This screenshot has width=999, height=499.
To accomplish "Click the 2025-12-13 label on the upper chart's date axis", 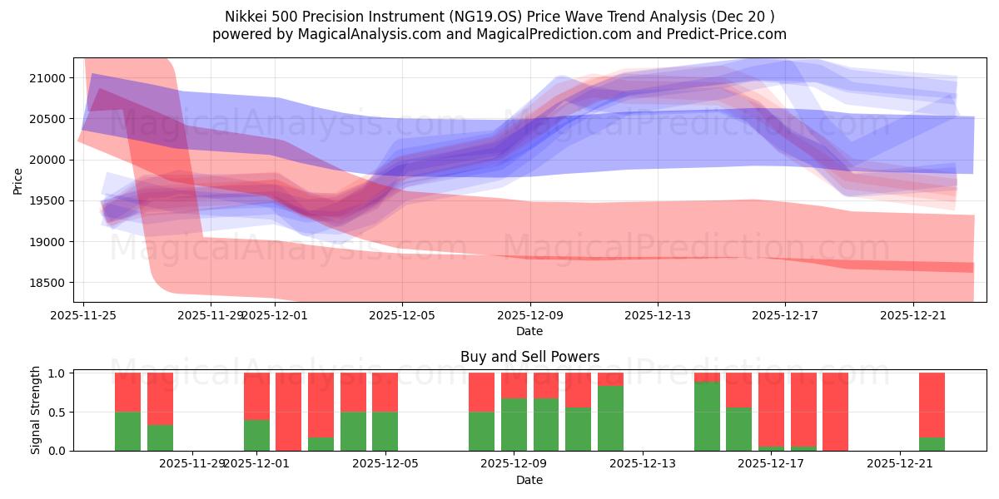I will coord(658,315).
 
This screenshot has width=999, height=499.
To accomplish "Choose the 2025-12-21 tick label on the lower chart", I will coord(902,464).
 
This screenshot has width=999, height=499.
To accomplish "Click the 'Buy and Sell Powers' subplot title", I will coord(529,357).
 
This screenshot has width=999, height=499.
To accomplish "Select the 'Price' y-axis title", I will coord(18,180).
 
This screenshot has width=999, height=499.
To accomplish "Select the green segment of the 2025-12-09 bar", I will coord(514,425).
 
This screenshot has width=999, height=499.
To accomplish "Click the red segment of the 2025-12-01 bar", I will coord(256,396).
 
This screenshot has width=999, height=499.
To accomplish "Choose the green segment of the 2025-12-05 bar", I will coord(385,432).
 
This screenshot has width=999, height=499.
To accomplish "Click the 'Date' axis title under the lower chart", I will coord(529,480).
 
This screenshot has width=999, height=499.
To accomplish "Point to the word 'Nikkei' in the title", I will coord(247,17).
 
